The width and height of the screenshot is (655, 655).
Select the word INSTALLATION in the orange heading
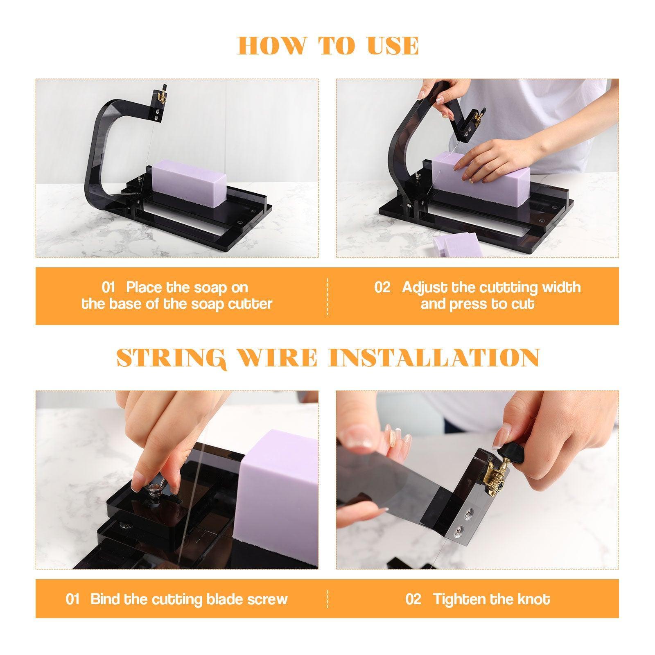point(434,358)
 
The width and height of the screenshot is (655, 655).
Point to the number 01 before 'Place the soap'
point(109,287)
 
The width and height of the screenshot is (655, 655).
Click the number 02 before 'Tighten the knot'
point(413,599)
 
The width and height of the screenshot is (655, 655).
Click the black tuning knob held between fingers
point(517,452)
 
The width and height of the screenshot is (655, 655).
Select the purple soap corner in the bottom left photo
point(278,491)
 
